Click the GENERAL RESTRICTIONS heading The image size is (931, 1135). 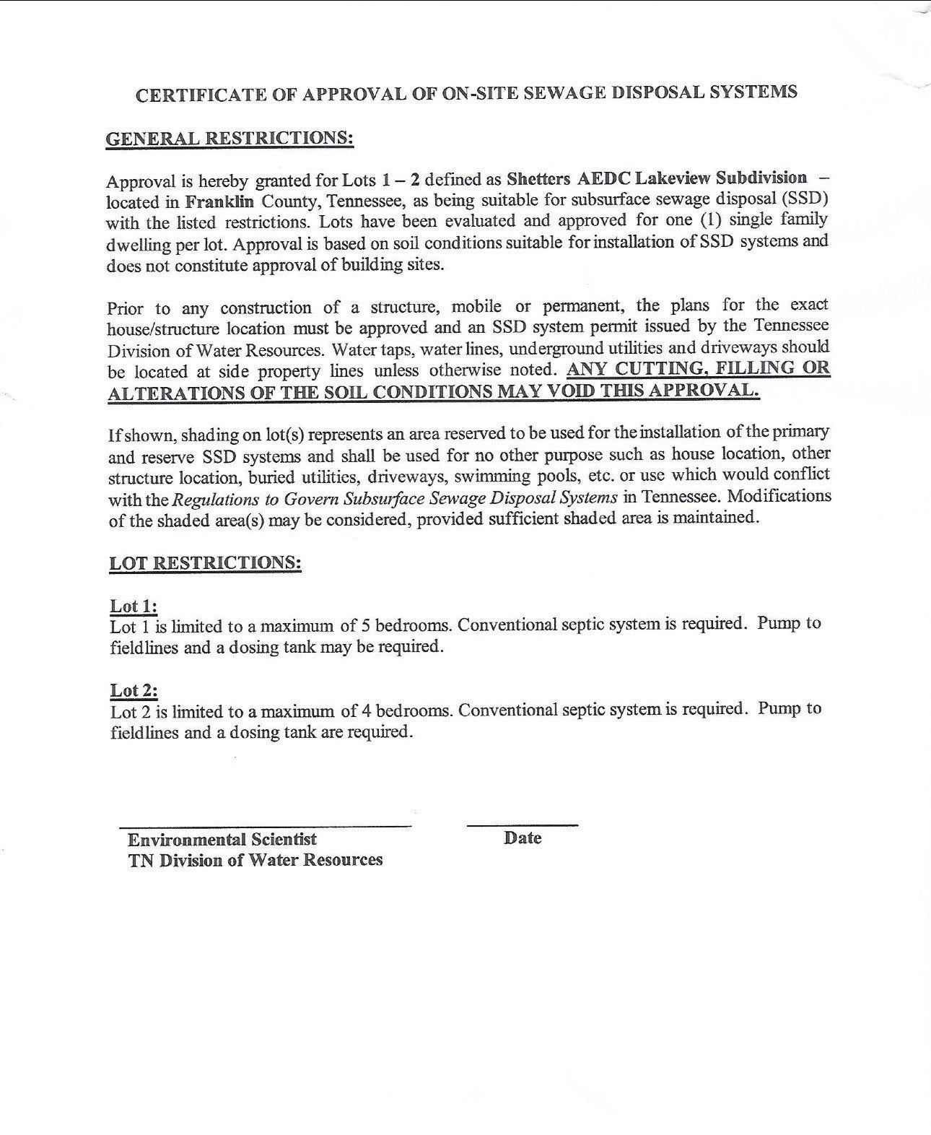pos(230,137)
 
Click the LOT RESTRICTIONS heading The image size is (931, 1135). pos(205,562)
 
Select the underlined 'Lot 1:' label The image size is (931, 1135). pos(134,605)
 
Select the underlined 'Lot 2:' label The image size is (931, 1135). pos(134,690)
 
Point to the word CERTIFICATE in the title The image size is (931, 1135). pos(193,95)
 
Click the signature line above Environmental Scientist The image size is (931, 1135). pos(265,825)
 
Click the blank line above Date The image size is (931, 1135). pos(523,824)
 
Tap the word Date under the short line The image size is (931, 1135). pos(523,838)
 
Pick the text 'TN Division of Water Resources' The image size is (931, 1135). pos(255,860)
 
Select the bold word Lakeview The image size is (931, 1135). pos(673,178)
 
